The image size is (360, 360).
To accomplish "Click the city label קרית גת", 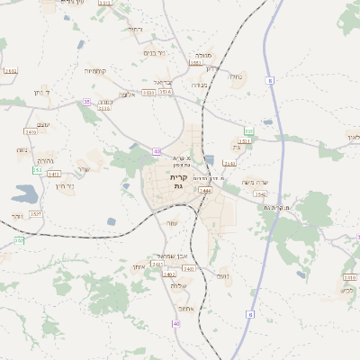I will tap(178, 182).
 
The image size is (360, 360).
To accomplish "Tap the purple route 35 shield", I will tap(86, 103).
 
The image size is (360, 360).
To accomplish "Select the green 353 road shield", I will tap(248, 132).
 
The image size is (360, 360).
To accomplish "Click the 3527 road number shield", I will tap(36, 213).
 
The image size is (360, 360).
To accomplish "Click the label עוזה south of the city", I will tap(173, 222).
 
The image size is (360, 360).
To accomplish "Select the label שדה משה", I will tap(255, 183).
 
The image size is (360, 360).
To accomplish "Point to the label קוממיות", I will tap(95, 70).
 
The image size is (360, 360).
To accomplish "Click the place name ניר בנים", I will tap(154, 52).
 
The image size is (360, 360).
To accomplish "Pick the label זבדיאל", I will tap(163, 82).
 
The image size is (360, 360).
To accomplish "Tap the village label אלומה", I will tap(127, 94).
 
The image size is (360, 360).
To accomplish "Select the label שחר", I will tap(138, 267).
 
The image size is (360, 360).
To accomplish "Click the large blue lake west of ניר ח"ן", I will tap(24, 193).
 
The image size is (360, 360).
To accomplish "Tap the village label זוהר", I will tap(18, 216).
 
